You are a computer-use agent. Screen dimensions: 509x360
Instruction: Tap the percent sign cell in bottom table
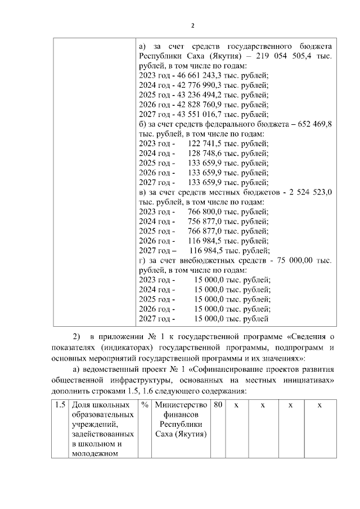pos(145,406)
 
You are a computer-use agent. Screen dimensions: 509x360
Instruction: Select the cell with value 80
pos(219,406)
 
